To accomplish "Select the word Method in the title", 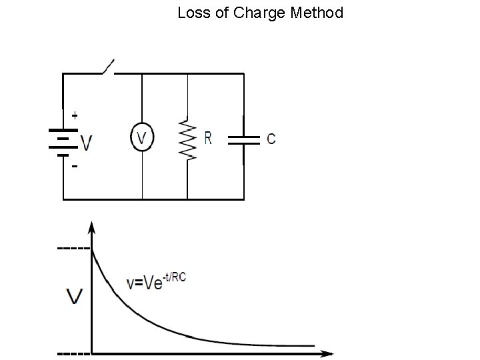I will [x=317, y=13].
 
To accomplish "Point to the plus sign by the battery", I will [x=74, y=115].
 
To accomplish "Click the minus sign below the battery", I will [x=74, y=167].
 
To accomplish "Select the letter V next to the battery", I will [x=86, y=143].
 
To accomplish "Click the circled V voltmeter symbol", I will [x=142, y=138].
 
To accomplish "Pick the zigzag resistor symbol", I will [x=189, y=140].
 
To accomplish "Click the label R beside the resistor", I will [x=208, y=138].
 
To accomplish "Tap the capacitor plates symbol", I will [x=244, y=140].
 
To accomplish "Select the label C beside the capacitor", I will [x=271, y=139].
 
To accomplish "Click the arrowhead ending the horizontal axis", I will [x=328, y=352].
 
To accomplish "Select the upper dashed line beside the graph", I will [x=74, y=249].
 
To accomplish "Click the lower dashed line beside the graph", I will [x=74, y=352].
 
